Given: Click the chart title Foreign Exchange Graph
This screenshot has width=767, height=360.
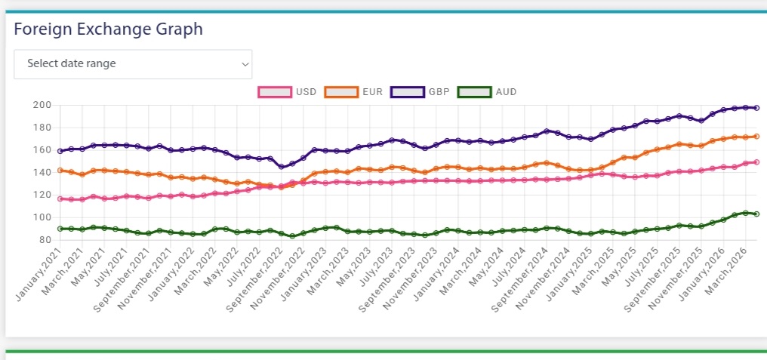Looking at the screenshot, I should [x=108, y=29].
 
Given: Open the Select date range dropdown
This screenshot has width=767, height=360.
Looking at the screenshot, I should [x=133, y=64].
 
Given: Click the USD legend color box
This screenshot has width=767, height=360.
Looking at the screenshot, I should [x=275, y=92].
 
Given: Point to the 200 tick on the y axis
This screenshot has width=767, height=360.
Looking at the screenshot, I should [x=42, y=105].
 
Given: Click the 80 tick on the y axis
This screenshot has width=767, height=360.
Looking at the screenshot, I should [x=45, y=240].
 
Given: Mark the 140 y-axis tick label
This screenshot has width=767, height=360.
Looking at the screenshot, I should [x=42, y=173].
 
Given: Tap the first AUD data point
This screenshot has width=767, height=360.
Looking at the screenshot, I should [x=60, y=229].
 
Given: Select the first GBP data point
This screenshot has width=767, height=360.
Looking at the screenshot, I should [x=60, y=151].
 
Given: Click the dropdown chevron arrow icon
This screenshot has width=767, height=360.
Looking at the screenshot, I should [x=245, y=65].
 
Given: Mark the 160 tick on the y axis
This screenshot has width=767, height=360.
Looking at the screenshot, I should [x=42, y=150].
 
